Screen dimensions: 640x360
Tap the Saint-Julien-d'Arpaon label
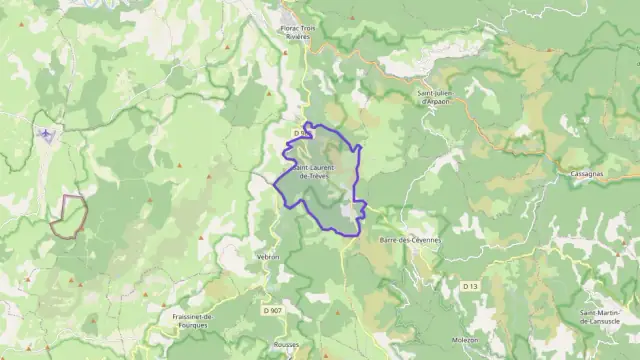click(438, 97)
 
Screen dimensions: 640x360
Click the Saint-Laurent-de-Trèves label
click(314, 170)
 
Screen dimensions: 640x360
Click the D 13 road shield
click(471, 286)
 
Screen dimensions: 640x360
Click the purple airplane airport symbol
click(47, 133)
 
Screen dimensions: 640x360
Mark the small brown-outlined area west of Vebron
click(69, 216)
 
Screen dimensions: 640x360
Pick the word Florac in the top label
click(291, 29)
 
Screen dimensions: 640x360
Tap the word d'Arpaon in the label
click(438, 102)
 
